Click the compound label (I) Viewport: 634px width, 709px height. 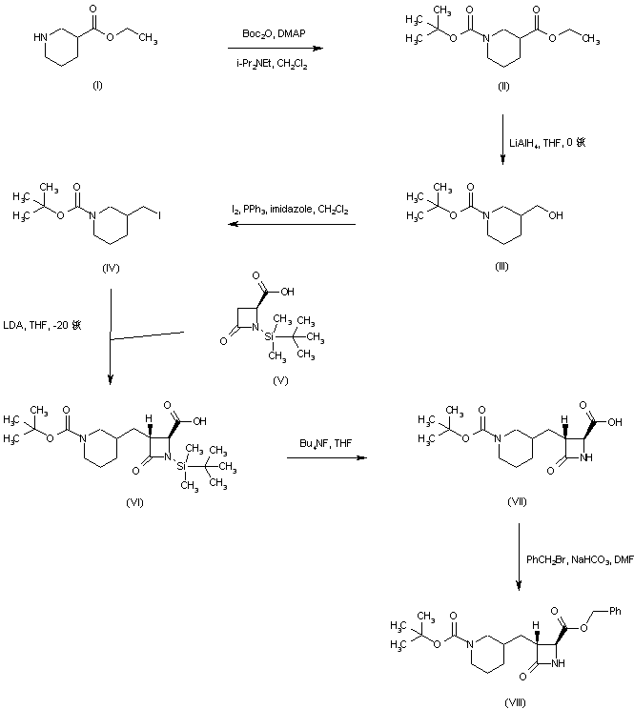point(97,86)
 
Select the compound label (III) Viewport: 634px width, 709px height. point(501,267)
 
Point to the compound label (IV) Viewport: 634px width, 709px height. point(110,268)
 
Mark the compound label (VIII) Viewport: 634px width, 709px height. point(516,700)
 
